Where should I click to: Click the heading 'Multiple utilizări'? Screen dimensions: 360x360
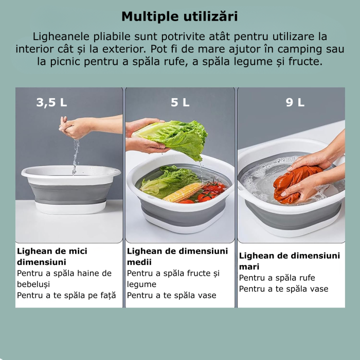pyautogui.click(x=179, y=16)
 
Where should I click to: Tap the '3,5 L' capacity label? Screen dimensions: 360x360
pyautogui.click(x=51, y=102)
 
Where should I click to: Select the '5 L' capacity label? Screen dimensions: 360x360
pyautogui.click(x=180, y=102)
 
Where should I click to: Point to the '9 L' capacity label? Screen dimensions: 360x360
pyautogui.click(x=295, y=102)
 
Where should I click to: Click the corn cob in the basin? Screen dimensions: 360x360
pyautogui.click(x=183, y=192)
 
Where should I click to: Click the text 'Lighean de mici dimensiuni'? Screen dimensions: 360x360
pyautogui.click(x=52, y=257)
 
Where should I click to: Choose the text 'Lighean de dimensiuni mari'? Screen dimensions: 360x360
pyautogui.click(x=289, y=261)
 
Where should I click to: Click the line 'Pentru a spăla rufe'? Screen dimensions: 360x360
pyautogui.click(x=277, y=278)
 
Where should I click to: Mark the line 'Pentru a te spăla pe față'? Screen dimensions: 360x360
pyautogui.click(x=66, y=295)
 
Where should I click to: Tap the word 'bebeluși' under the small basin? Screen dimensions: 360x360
pyautogui.click(x=33, y=284)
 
